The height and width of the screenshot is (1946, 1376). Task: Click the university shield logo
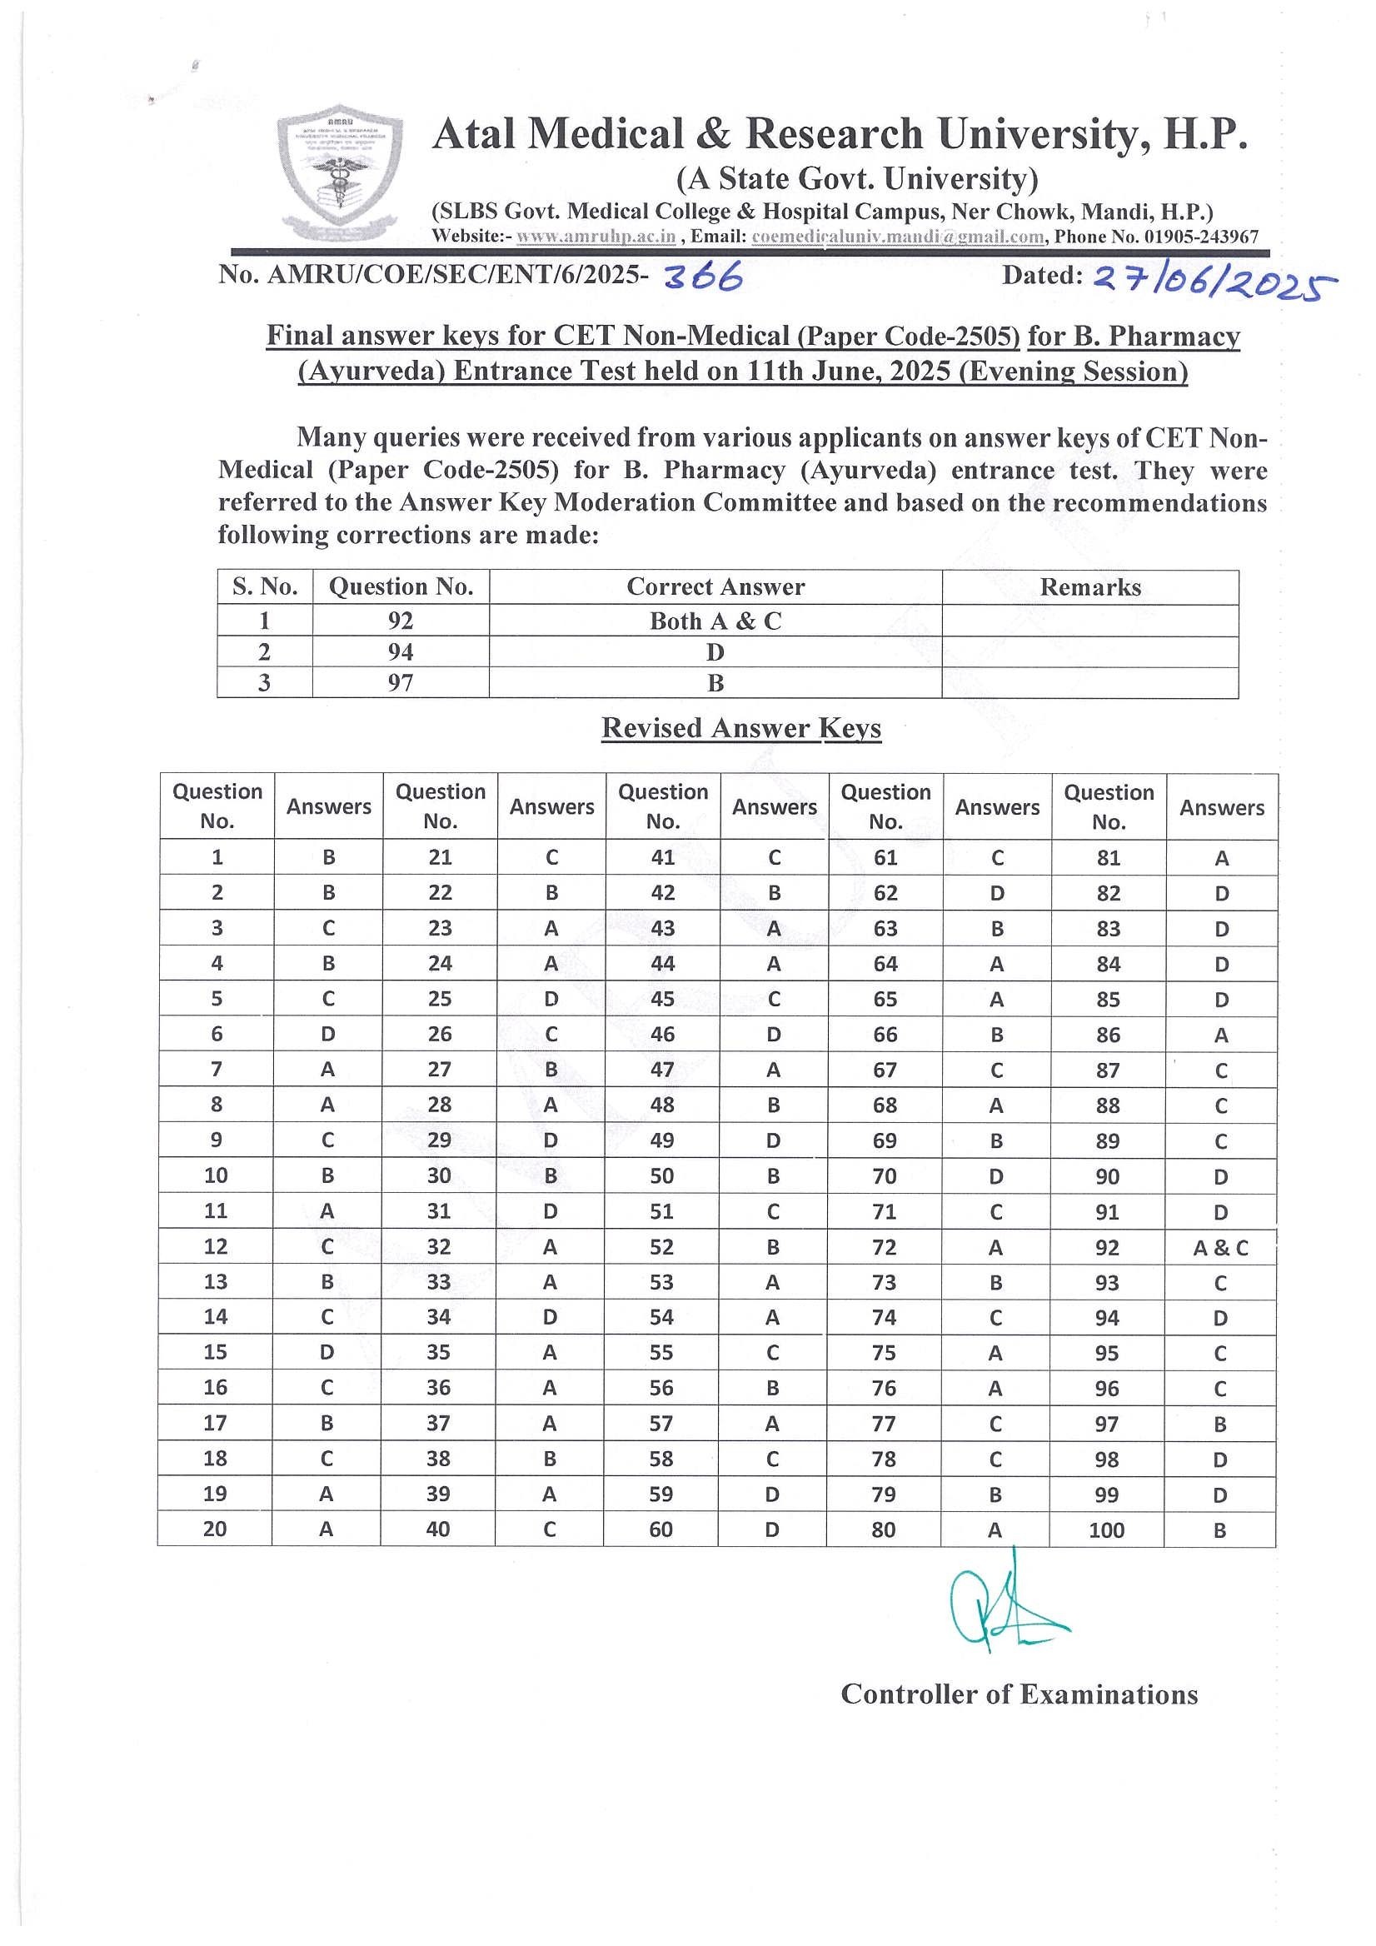(x=340, y=172)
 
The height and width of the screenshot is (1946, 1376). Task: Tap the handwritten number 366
(x=703, y=277)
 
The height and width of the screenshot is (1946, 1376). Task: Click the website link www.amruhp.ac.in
(x=596, y=237)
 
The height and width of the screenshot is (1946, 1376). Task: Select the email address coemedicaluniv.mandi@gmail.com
(x=897, y=237)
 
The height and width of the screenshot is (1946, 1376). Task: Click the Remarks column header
(x=1089, y=587)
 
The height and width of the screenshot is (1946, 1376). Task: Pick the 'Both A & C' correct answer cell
(x=715, y=621)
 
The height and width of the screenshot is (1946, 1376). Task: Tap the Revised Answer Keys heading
(x=741, y=728)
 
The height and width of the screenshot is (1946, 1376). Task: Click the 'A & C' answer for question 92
(x=1220, y=1248)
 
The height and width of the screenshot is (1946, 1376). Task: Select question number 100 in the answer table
(x=1107, y=1529)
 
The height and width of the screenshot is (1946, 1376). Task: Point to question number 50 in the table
(x=661, y=1176)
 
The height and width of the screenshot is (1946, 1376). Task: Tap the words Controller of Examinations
(x=1020, y=1694)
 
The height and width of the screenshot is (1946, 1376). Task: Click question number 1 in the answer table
(x=217, y=857)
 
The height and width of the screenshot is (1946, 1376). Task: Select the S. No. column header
(x=265, y=586)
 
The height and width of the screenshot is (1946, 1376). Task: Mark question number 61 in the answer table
(x=885, y=858)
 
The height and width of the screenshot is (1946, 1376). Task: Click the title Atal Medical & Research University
(x=839, y=134)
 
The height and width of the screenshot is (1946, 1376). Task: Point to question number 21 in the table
(x=440, y=857)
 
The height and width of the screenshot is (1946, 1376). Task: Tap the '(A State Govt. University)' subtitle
(x=856, y=179)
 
